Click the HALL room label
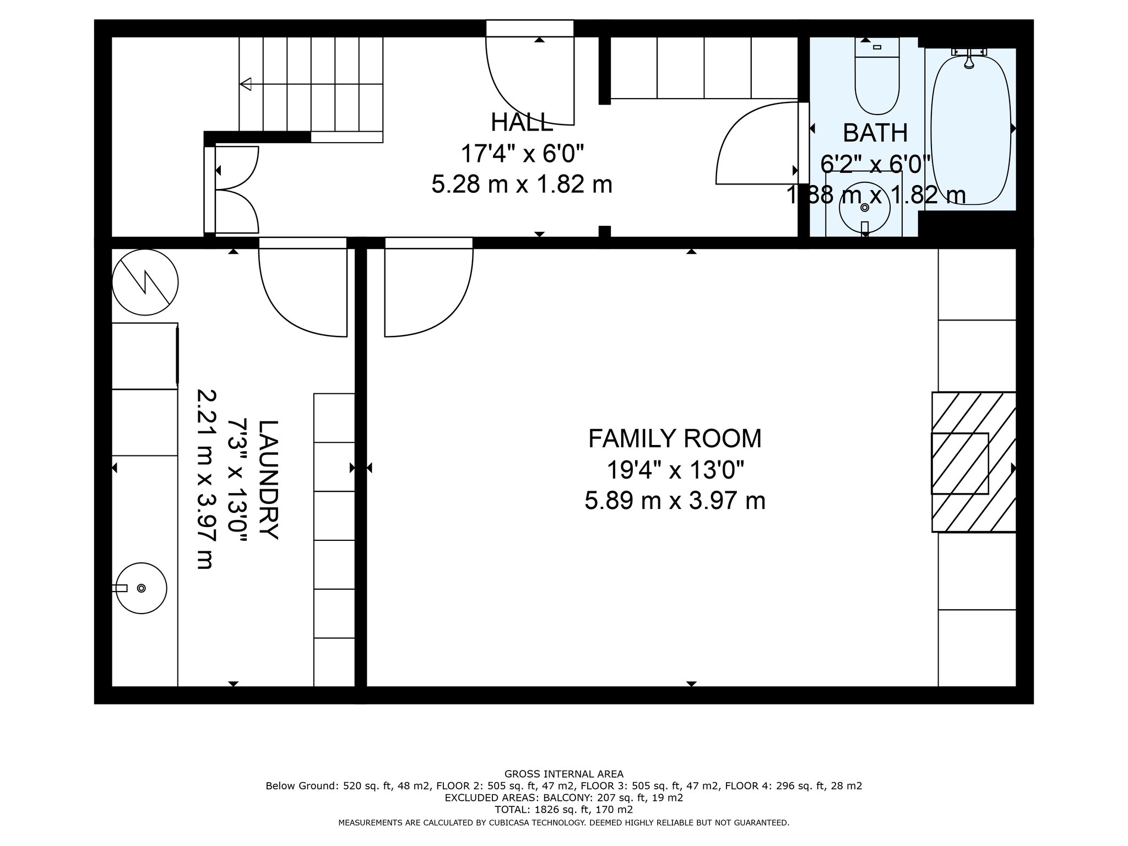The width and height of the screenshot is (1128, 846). [522, 122]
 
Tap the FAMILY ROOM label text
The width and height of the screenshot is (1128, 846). [675, 439]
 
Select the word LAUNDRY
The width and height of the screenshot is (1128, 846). [269, 480]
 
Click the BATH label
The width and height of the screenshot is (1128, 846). [875, 133]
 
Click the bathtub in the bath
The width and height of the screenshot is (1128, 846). [970, 129]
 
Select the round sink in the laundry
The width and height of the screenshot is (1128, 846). [142, 588]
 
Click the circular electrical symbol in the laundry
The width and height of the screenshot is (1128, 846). [145, 283]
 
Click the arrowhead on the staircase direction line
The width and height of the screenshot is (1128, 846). [246, 84]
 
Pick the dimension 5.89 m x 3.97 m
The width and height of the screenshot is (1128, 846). [675, 501]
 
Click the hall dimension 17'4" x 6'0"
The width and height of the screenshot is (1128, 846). [522, 154]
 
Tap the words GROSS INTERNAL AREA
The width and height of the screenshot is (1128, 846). [564, 774]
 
